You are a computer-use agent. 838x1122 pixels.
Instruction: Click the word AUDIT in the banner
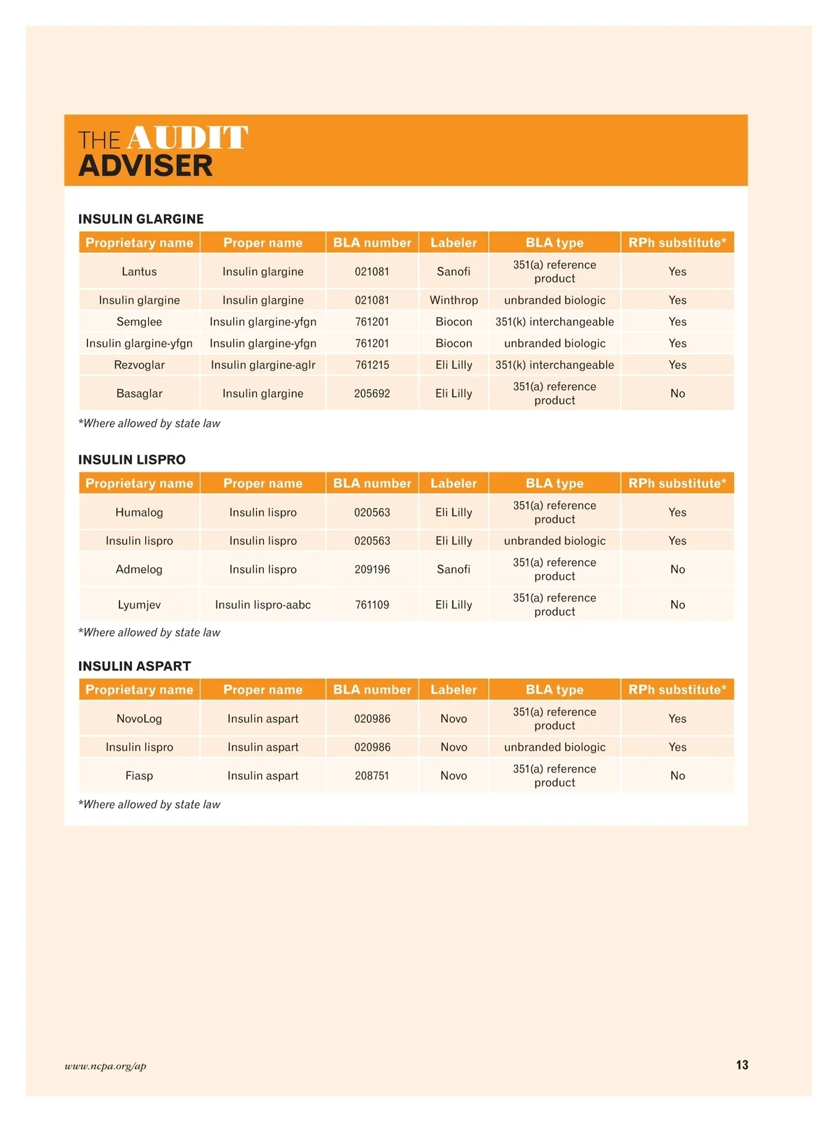[x=187, y=138]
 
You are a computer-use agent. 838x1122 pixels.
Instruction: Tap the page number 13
[x=742, y=1065]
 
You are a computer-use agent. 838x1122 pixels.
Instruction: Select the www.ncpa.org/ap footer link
[x=105, y=1066]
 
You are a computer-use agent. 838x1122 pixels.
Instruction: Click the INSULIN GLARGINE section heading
[x=141, y=219]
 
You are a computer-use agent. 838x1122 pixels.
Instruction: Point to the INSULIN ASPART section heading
[x=135, y=666]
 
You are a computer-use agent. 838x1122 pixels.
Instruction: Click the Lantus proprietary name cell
[x=139, y=271]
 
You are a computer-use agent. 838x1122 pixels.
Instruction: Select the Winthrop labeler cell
[x=453, y=300]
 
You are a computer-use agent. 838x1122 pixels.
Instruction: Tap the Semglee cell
[x=139, y=321]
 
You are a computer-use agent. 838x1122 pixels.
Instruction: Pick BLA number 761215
[x=372, y=365]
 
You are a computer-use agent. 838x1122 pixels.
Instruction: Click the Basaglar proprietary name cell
[x=139, y=393]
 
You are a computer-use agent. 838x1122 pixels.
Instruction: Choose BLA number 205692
[x=372, y=393]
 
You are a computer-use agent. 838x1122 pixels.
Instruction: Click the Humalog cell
[x=139, y=512]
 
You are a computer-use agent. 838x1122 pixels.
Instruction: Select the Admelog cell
[x=139, y=569]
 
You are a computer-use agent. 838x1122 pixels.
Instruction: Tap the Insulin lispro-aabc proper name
[x=263, y=604]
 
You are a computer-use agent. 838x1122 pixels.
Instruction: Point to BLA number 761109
[x=372, y=604]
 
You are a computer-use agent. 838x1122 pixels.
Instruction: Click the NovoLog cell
[x=139, y=718]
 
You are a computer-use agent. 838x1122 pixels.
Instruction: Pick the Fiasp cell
[x=139, y=775]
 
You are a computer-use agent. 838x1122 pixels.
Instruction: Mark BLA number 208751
[x=372, y=775]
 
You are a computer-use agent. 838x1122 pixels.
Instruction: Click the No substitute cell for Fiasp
[x=677, y=775]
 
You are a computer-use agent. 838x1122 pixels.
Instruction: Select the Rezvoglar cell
[x=139, y=365]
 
